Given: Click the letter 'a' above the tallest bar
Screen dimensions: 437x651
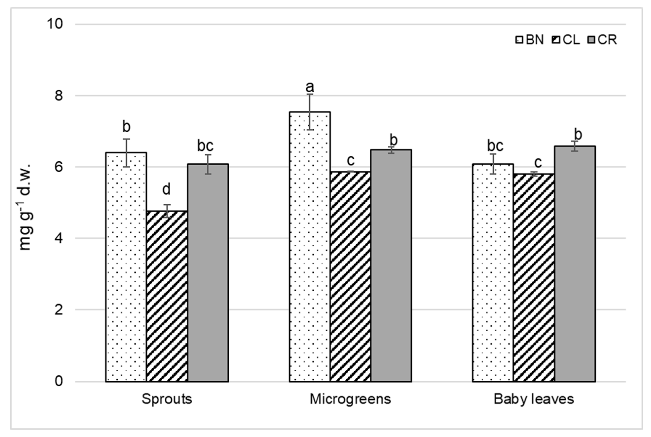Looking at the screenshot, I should (x=309, y=87).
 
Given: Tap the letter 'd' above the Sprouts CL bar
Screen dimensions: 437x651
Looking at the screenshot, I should (x=166, y=190).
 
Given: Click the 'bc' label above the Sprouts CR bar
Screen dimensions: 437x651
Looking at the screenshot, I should (x=205, y=146).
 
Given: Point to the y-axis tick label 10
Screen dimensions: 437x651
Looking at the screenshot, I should (x=55, y=24).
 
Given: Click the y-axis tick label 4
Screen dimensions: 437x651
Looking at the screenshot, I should (x=58, y=238).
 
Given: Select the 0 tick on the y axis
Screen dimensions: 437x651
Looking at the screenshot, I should (x=58, y=381).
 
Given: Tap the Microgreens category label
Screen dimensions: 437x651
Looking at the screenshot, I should (x=350, y=399).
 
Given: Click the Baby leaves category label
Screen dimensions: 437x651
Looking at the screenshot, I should (x=534, y=399).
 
